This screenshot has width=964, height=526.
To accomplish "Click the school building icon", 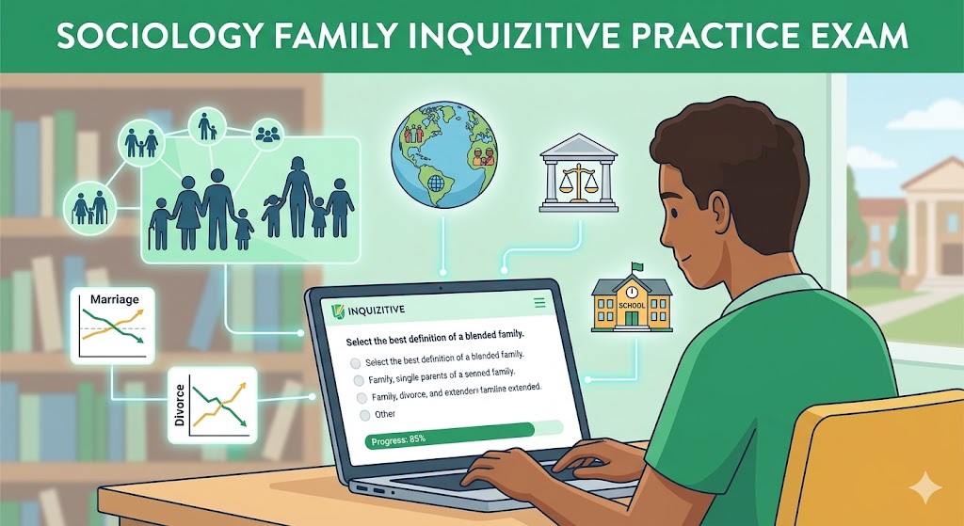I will tap(631, 301).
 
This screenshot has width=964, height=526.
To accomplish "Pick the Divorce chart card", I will tap(215, 406).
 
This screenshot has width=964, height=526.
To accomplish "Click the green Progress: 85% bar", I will tap(450, 438).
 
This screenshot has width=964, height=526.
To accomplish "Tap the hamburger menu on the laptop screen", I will tap(539, 303).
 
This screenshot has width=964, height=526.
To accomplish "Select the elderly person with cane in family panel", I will tap(161, 221).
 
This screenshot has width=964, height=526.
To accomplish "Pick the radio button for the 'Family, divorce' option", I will tap(361, 397).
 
